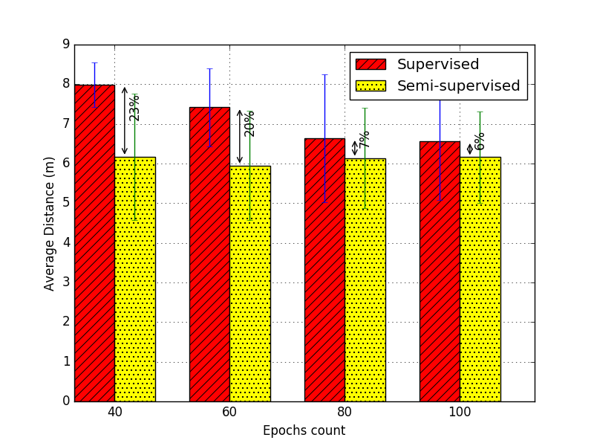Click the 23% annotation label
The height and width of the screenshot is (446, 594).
(134, 108)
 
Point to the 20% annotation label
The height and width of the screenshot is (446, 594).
(249, 123)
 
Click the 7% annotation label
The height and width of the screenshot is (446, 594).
(365, 140)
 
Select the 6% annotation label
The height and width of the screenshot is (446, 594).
(480, 141)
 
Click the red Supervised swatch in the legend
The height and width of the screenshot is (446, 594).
(371, 65)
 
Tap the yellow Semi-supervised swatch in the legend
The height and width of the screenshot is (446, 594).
(371, 85)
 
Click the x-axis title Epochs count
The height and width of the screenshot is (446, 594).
(304, 431)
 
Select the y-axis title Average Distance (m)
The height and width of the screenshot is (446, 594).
(50, 223)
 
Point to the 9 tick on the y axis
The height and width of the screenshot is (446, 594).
(65, 45)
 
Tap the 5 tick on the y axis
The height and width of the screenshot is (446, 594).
(65, 203)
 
